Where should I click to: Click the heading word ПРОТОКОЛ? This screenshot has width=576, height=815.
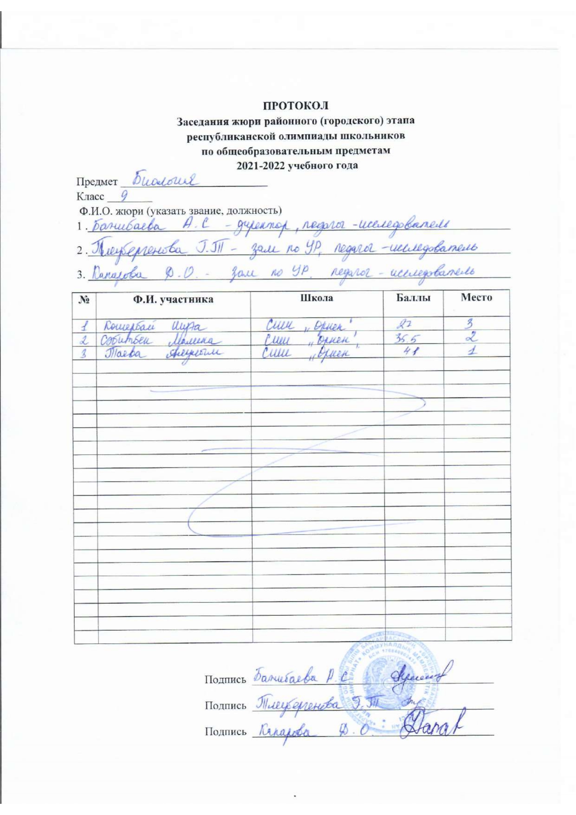point(296,105)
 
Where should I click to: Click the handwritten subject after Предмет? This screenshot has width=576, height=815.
point(165,179)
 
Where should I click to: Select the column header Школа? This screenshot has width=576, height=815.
point(317,298)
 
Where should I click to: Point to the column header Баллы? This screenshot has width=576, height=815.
point(413,298)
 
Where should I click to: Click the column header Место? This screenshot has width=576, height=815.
point(476,298)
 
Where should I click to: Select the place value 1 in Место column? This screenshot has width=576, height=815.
point(472,352)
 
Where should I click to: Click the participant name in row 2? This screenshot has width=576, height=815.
point(158,340)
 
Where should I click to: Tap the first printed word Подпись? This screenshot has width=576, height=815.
point(225,680)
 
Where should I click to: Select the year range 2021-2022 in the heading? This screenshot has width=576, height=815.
point(262,165)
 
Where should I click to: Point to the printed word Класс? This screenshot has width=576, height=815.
point(90,196)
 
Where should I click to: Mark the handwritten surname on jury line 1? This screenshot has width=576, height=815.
point(126,226)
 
